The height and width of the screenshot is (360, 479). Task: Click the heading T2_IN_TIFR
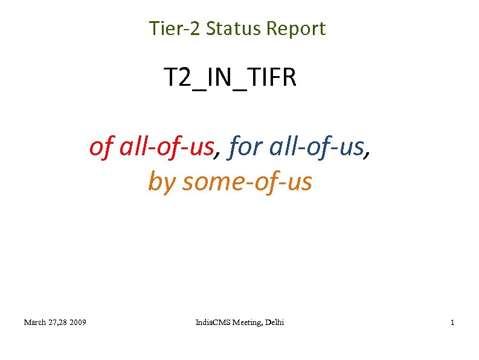point(230,78)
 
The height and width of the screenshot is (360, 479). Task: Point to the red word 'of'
point(100,146)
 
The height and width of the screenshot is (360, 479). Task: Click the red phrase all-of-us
point(167,146)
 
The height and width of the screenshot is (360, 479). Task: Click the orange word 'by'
point(161,181)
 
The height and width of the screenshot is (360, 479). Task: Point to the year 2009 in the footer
point(77,323)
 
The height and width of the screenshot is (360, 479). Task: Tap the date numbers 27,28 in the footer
point(59,323)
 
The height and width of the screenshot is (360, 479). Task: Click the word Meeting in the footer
point(246,323)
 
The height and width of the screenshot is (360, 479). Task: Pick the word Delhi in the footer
point(274,323)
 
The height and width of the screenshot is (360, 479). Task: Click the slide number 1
point(452,323)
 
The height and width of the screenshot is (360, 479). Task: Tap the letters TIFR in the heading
point(272,78)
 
